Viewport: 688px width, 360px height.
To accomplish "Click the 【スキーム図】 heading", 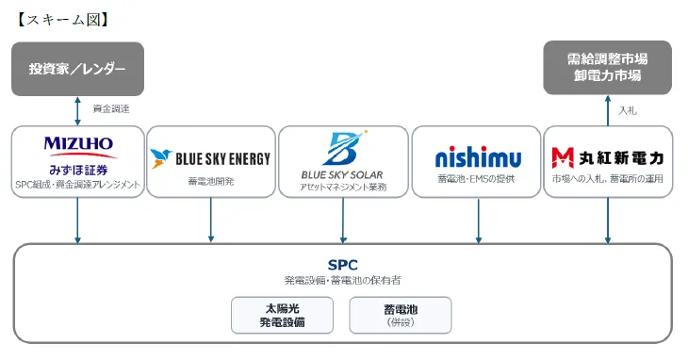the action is (x=62, y=20).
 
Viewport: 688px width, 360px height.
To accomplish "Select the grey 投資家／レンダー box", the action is (x=77, y=69).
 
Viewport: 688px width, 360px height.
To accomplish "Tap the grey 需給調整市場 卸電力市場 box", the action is (x=607, y=68).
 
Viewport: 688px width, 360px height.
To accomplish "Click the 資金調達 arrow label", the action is (x=111, y=108).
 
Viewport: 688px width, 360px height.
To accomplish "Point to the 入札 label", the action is (x=628, y=110).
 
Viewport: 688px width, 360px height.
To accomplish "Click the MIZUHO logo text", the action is (x=78, y=143).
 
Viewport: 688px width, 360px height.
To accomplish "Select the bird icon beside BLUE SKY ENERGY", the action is (x=160, y=158).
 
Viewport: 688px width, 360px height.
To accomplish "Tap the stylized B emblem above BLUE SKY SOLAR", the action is (x=347, y=148).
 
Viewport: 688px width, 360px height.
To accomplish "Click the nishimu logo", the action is (x=478, y=157).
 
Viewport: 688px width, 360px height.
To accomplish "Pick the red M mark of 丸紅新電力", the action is (x=563, y=158).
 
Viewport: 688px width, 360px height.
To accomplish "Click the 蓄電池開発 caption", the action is (x=211, y=181).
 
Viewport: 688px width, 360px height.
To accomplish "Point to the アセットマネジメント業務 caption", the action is (x=343, y=188).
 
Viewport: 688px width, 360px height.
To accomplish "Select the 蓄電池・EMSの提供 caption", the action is (x=476, y=179).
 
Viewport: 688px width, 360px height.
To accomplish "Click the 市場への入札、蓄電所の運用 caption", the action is (x=607, y=179).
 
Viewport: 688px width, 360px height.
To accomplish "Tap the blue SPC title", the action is (x=343, y=265).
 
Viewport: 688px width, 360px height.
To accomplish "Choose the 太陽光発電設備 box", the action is (x=282, y=316).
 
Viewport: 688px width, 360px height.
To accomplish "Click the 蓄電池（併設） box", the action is (x=401, y=316).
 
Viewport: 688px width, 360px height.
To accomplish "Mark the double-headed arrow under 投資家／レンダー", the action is (x=77, y=111).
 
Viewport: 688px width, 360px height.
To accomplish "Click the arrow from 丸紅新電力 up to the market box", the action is (x=608, y=111).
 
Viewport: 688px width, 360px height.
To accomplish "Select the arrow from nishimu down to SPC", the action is (x=478, y=221).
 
